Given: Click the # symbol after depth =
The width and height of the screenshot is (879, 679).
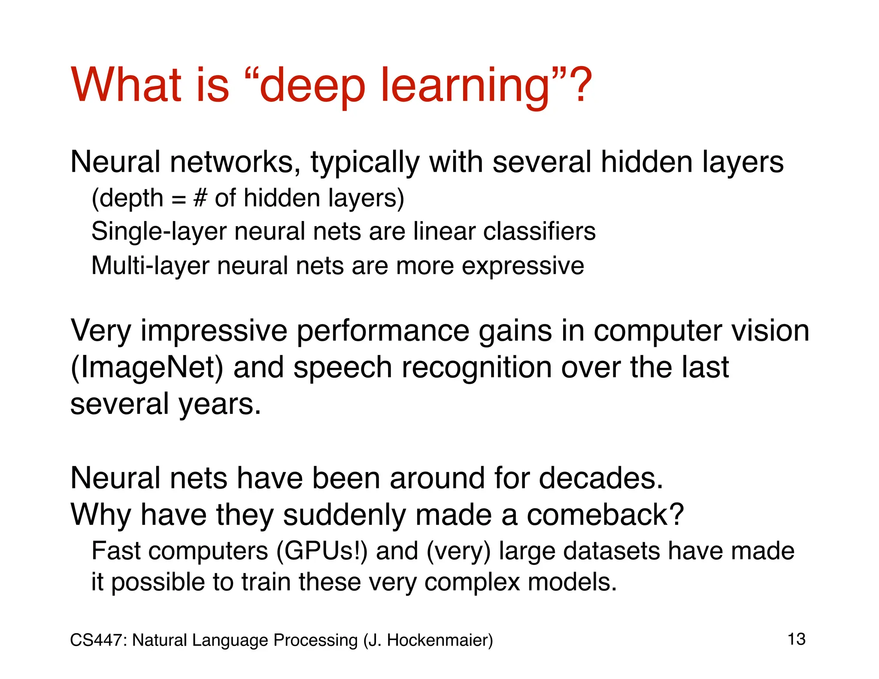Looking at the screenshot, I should pos(200,198).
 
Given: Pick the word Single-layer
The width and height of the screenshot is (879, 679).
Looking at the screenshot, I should pos(159,232).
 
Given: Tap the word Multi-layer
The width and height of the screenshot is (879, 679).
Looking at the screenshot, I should pos(150,266).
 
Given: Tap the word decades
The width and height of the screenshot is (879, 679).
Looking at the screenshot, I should pos(601,478).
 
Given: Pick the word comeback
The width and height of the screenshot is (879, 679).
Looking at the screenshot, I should pos(605,515).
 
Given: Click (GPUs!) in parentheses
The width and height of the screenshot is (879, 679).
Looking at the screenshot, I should pos(322,551).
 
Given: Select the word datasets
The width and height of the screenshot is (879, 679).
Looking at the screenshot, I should pos(612,551).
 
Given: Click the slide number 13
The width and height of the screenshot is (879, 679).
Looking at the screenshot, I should pos(797,640).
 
